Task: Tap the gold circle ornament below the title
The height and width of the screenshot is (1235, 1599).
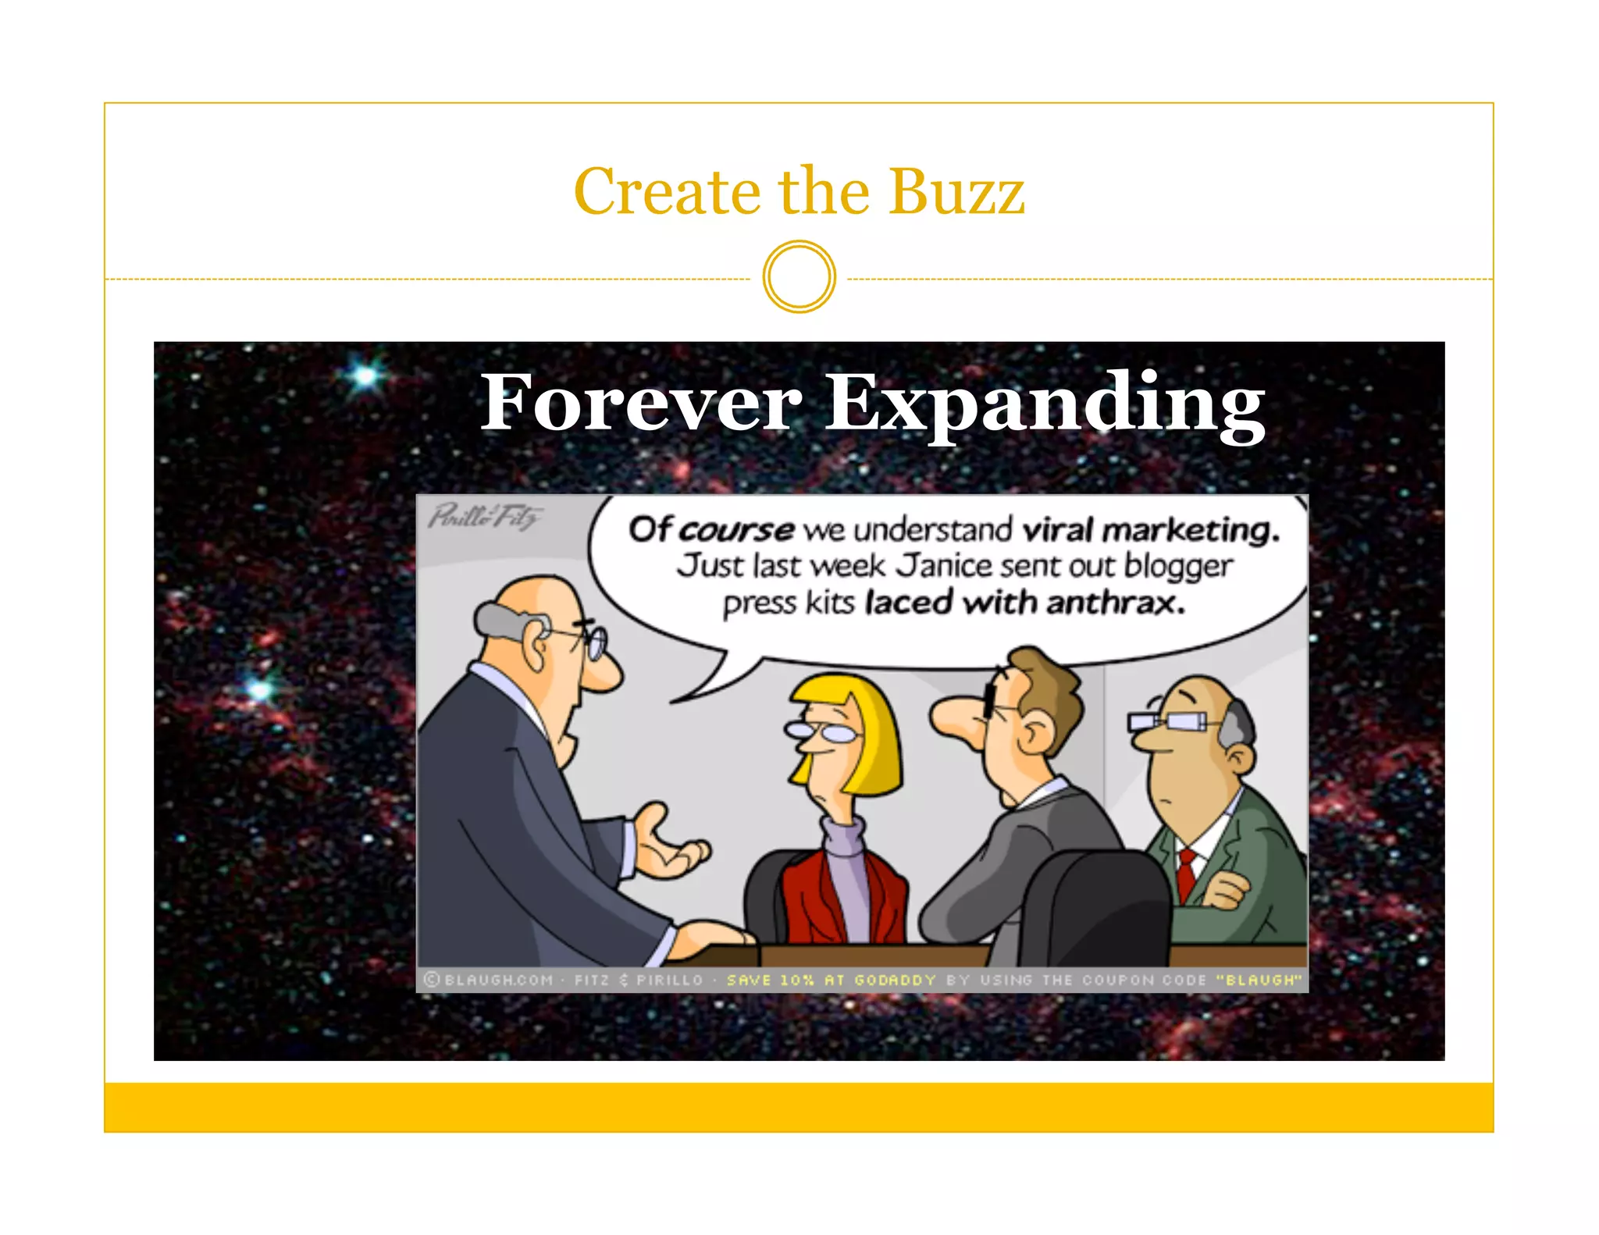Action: pyautogui.click(x=799, y=277)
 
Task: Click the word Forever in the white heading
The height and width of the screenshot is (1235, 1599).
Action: pyautogui.click(x=641, y=403)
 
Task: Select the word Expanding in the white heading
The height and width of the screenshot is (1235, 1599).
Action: pyautogui.click(x=1045, y=404)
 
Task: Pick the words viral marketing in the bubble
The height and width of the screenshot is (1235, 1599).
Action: pyautogui.click(x=1151, y=530)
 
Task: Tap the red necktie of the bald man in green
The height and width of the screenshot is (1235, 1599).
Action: pyautogui.click(x=1187, y=874)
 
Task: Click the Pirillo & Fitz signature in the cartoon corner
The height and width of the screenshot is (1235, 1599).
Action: pyautogui.click(x=485, y=516)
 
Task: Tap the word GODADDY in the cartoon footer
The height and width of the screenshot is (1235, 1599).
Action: pyautogui.click(x=895, y=980)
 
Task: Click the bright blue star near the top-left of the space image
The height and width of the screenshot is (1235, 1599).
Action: pyautogui.click(x=365, y=376)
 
